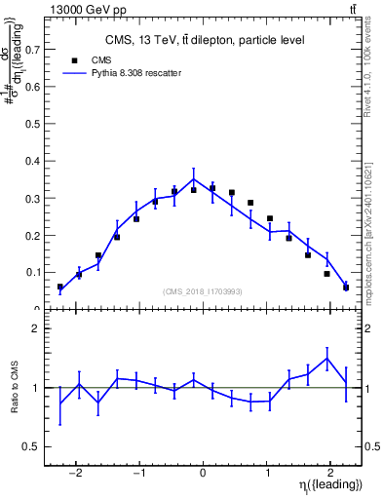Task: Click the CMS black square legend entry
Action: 74,60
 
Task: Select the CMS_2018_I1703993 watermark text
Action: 203,291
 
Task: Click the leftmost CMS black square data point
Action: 60,288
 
